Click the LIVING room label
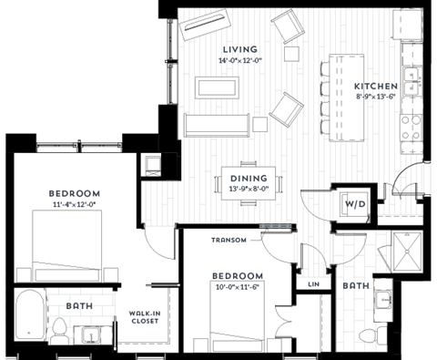click(239, 49)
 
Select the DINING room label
click(248, 179)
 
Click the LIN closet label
click(314, 284)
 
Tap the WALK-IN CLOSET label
click(146, 316)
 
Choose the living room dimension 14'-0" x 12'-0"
click(239, 61)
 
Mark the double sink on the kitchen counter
click(412, 82)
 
